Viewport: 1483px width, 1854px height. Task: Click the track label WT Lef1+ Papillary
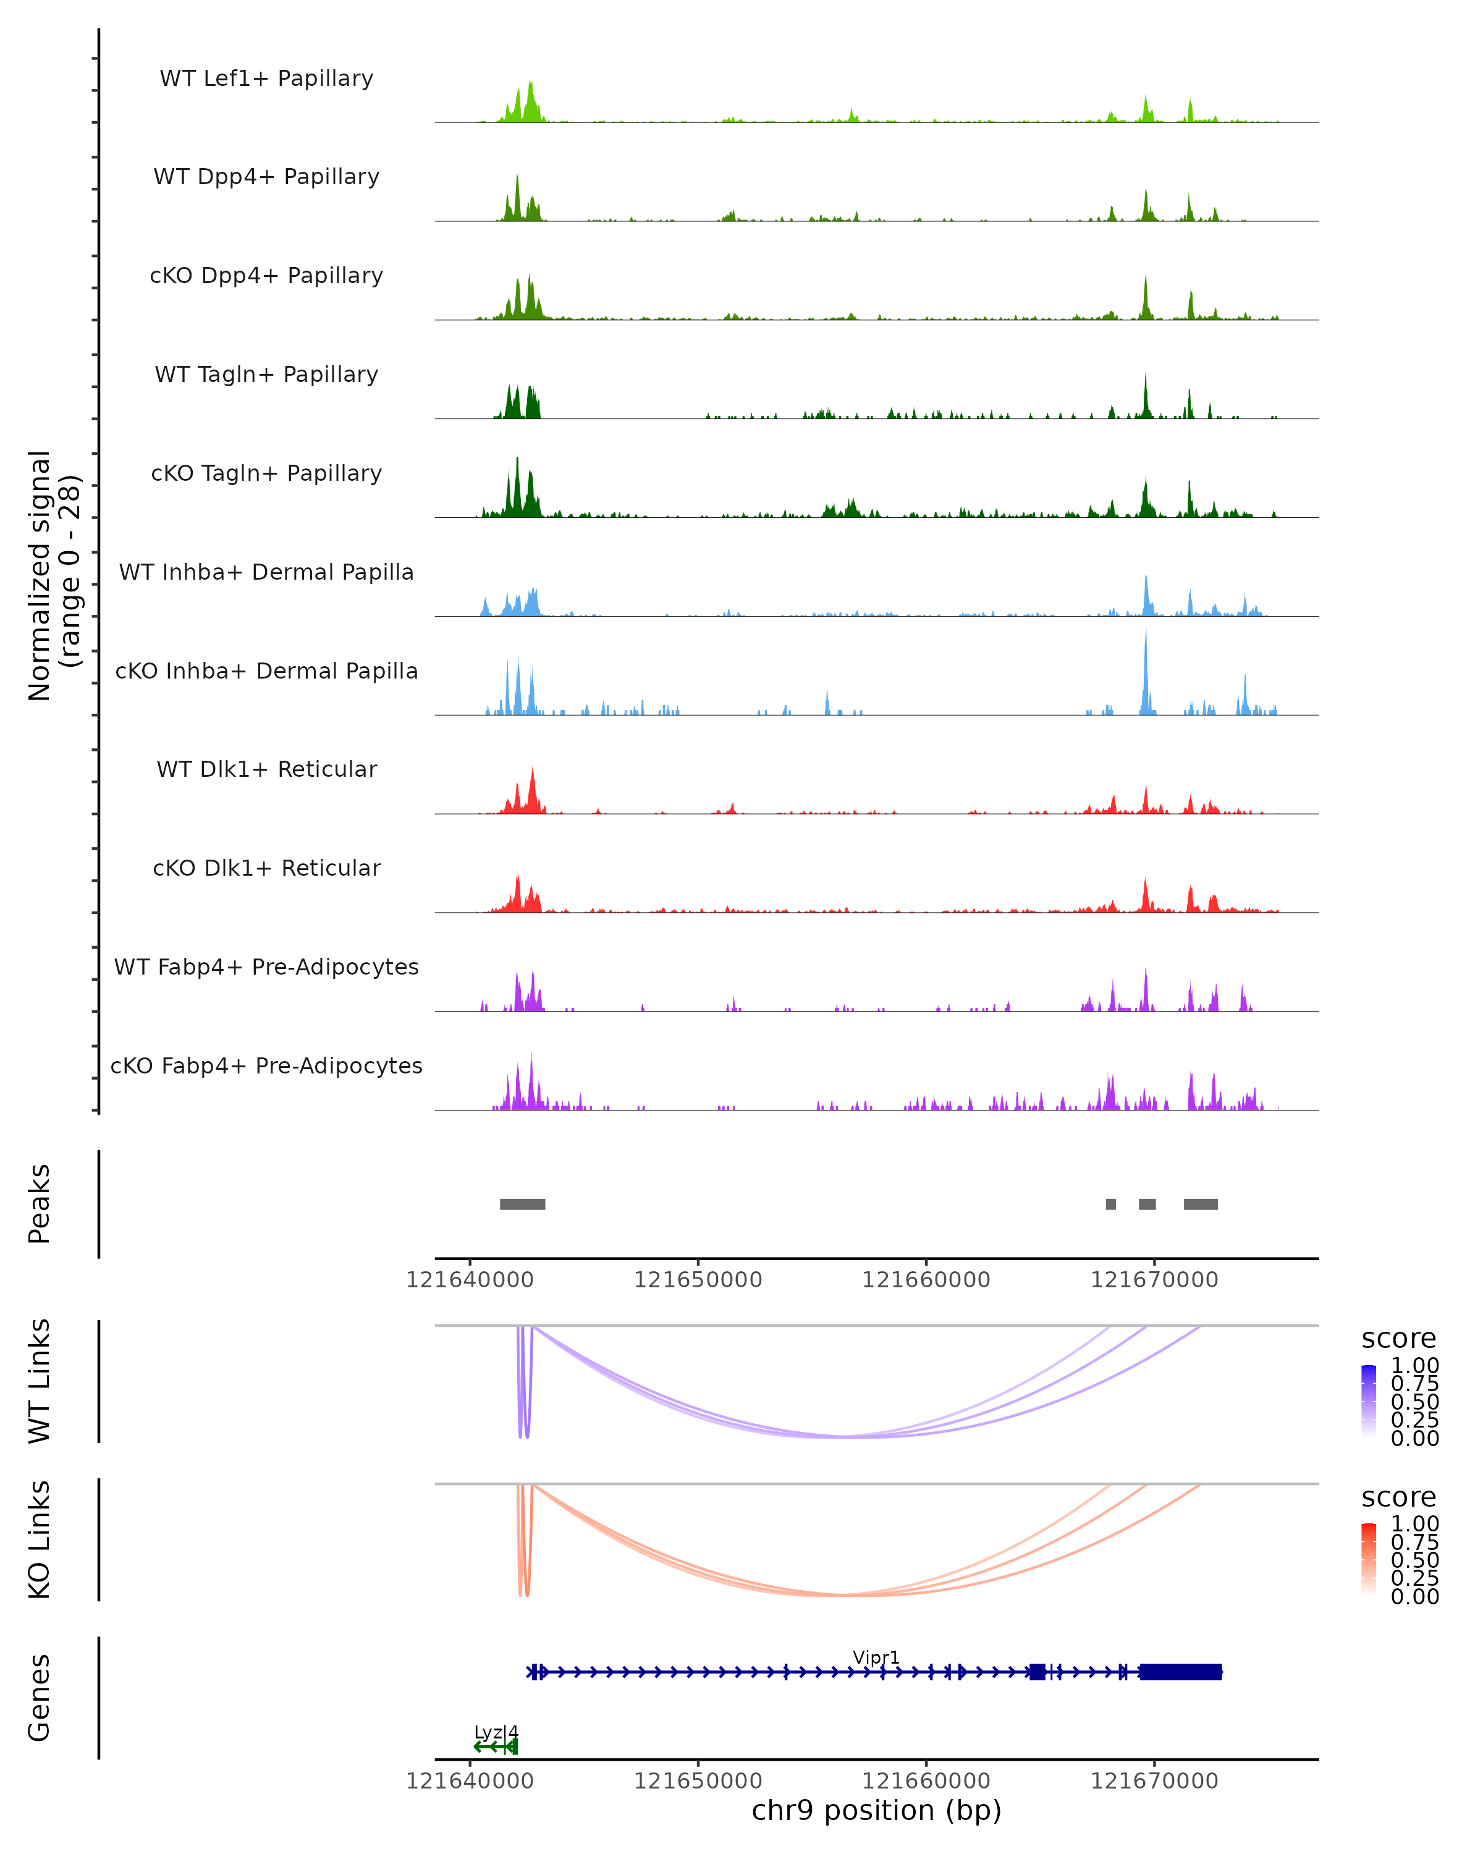tap(266, 78)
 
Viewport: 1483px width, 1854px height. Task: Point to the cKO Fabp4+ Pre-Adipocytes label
tap(266, 1065)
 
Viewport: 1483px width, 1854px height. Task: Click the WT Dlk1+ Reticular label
tap(266, 769)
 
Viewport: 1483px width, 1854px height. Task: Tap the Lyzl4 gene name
tap(496, 1732)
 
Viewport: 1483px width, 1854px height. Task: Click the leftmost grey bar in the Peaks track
tap(523, 1204)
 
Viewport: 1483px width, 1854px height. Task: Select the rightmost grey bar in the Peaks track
tap(1200, 1204)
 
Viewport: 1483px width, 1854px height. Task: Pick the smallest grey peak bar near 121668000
tap(1111, 1204)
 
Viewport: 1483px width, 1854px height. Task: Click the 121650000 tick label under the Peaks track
tap(698, 1280)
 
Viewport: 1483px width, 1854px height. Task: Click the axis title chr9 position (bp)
tap(876, 1811)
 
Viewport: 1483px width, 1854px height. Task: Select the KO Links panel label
tap(40, 1539)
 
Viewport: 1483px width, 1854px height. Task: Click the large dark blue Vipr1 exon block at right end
tap(1180, 1672)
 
